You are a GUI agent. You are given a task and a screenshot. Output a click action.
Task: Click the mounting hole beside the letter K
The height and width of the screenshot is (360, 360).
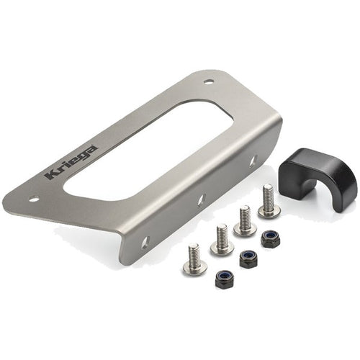(x=34, y=198)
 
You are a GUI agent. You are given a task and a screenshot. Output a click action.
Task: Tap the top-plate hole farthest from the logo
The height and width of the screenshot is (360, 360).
(x=208, y=82)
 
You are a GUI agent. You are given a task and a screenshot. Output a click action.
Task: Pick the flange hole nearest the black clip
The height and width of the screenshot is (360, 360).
(x=253, y=162)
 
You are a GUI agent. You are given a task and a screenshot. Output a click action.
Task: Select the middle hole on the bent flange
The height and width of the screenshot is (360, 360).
(x=201, y=199)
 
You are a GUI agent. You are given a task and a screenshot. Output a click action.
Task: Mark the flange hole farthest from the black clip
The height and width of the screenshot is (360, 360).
(x=144, y=242)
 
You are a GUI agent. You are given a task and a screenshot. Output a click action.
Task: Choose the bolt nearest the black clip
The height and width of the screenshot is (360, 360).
(x=267, y=201)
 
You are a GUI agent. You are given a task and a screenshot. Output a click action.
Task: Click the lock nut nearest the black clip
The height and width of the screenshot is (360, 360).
(x=271, y=239)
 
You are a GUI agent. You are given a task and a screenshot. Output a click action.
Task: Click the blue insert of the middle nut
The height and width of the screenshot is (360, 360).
(x=249, y=257)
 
